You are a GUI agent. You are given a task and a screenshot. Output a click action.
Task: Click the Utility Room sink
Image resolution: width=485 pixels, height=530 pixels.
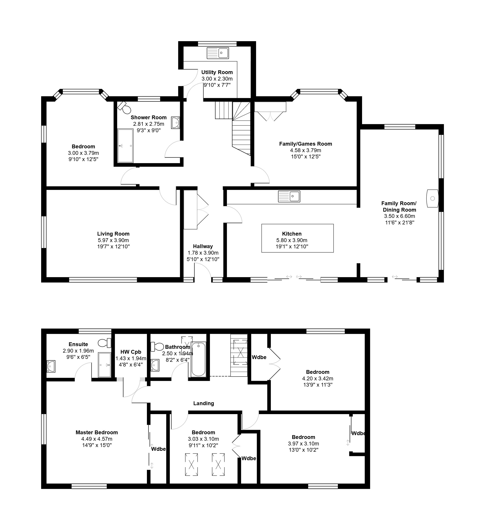[x=218, y=53]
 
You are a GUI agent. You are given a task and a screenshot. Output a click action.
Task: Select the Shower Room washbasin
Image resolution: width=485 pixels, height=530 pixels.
[x=176, y=123]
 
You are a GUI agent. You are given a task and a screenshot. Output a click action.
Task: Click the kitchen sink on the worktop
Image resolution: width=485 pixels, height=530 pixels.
[x=289, y=196]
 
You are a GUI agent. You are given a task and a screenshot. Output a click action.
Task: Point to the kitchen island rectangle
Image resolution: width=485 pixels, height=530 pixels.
[x=297, y=238]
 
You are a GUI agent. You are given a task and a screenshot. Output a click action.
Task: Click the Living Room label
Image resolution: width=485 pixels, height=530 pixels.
[x=113, y=234]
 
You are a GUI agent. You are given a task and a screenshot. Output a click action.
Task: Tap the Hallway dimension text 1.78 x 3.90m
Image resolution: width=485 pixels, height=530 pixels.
[x=203, y=253]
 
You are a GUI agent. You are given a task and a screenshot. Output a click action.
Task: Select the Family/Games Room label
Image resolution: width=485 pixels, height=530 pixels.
[x=305, y=144]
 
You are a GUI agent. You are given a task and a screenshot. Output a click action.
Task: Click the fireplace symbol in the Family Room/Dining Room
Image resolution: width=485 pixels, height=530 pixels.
[x=432, y=198]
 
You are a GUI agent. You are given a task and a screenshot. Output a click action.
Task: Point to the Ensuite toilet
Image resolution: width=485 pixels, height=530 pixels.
[x=105, y=343]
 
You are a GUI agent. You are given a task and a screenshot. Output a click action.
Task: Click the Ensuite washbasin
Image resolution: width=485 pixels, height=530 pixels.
[x=51, y=366]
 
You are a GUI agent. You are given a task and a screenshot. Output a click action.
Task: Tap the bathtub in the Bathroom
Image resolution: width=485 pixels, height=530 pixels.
[x=199, y=359]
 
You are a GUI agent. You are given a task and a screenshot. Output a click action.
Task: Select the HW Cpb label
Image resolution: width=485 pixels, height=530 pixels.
[x=131, y=352]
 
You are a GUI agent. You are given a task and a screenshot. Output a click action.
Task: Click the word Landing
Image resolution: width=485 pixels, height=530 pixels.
[x=204, y=403]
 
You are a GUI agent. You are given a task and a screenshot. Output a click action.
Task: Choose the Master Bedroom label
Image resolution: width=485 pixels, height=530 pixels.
[x=97, y=432]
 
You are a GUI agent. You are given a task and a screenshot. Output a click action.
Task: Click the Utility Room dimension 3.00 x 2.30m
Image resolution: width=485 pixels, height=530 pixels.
[x=217, y=79]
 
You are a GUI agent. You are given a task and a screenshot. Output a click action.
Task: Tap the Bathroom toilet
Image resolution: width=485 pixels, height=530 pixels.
[x=157, y=347]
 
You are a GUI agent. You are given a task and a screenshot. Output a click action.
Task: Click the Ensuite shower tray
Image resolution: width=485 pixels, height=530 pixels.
[x=105, y=365]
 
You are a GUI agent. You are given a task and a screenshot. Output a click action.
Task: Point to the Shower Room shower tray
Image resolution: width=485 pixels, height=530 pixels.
[x=125, y=146]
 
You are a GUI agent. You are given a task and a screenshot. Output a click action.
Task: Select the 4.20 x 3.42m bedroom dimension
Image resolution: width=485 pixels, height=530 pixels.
[x=318, y=379]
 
